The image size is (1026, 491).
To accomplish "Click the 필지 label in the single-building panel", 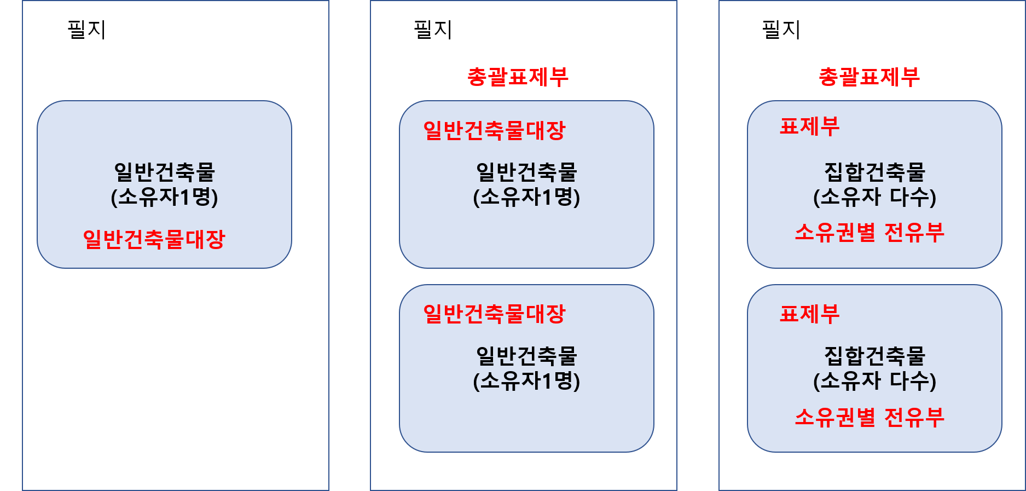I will coord(86,30).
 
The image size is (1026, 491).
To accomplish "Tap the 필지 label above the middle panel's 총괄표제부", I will coord(433,30).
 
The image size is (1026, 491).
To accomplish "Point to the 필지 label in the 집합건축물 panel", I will coord(781,30).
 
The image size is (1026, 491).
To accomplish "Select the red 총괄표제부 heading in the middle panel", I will coord(518,77).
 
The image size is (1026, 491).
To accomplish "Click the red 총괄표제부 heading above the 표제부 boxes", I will coord(869,77).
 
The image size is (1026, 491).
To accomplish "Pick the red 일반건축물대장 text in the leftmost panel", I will coord(154,239).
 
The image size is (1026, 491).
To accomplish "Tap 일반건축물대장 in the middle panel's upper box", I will coord(494,130).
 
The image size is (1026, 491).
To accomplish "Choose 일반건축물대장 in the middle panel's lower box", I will coord(494,314).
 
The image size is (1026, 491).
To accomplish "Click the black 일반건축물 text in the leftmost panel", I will coord(164,172).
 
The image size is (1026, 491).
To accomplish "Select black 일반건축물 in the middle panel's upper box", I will coord(526,172).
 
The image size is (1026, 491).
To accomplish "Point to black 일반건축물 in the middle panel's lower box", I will coord(526,356).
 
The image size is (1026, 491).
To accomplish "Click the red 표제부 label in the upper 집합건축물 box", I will coord(809,126).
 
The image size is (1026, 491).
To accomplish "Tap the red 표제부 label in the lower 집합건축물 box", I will coord(809,314).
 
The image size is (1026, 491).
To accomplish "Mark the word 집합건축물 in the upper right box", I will coord(874,172).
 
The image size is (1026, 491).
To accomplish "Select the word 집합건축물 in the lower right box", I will coord(874,356).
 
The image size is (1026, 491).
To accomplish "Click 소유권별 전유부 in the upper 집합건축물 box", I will coord(869,233).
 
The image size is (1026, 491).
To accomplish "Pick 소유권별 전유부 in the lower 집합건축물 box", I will coord(869,418).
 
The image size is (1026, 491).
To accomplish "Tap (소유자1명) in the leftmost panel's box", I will coord(164,197).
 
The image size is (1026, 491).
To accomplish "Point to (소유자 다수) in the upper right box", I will coord(874,197).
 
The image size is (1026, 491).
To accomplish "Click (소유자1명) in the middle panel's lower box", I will coord(526,381).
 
